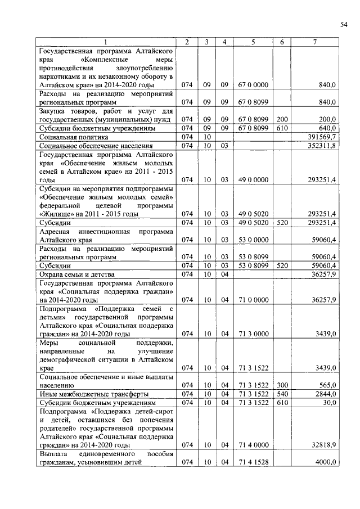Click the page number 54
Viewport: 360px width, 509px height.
tap(343, 24)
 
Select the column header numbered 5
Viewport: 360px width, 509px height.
tap(253, 42)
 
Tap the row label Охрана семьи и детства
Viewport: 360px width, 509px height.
tap(75, 273)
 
